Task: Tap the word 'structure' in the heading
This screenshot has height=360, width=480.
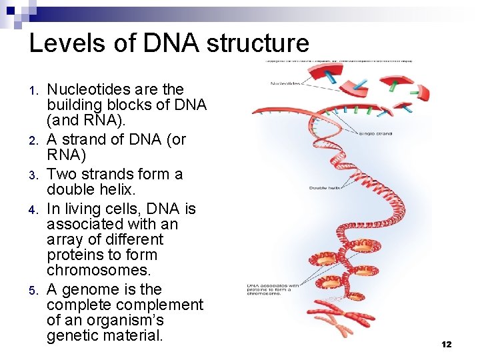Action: [258, 43]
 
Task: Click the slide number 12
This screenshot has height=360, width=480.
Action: [446, 345]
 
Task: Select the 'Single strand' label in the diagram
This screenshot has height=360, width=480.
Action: [375, 133]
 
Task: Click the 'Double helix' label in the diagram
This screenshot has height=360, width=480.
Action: [325, 188]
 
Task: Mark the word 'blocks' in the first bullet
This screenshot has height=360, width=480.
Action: [130, 105]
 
